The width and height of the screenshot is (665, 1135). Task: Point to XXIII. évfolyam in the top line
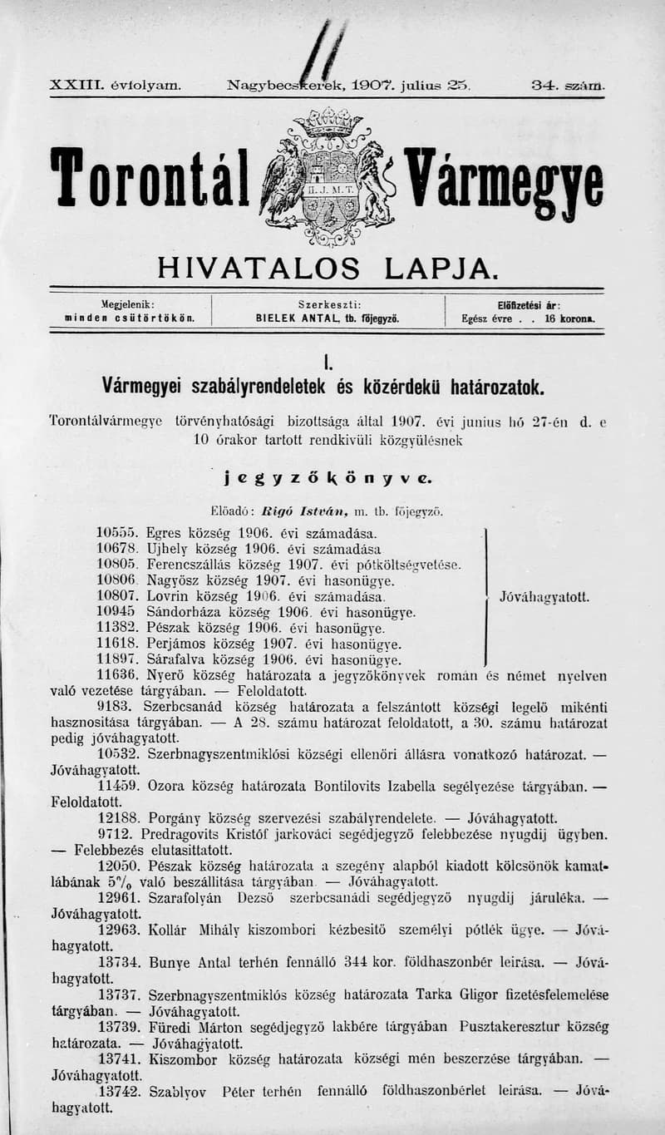pyautogui.click(x=116, y=85)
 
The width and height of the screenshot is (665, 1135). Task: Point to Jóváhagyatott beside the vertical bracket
pyautogui.click(x=544, y=597)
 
